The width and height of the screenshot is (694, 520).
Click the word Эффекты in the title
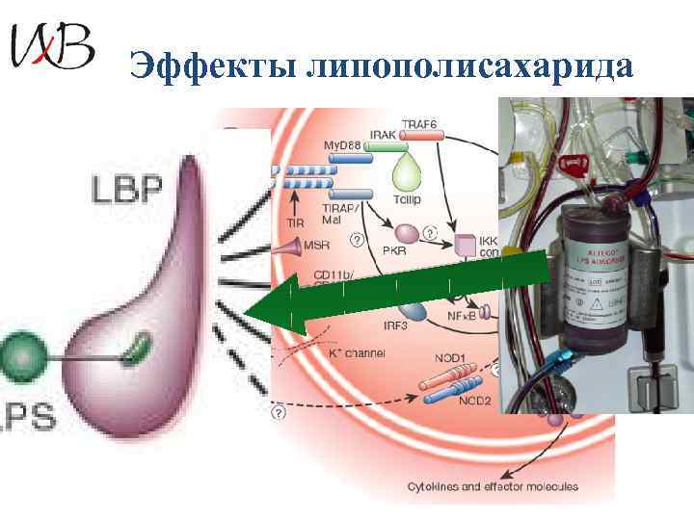(209, 66)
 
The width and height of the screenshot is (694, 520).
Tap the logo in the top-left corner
(52, 45)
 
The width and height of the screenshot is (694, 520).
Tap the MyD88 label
(344, 145)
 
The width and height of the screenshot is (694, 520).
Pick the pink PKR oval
(407, 233)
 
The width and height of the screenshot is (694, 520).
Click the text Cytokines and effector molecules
(492, 486)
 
